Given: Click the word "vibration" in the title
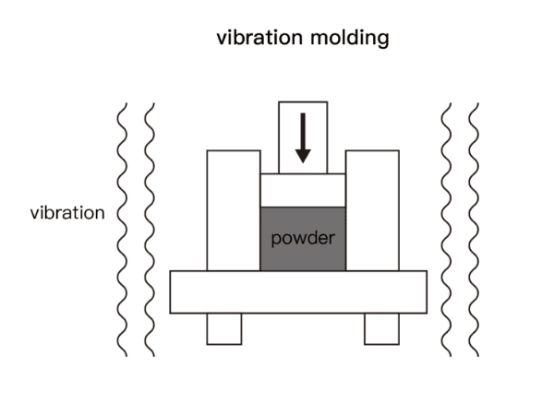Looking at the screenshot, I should pos(254,38).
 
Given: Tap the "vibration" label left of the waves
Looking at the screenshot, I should pos(67,213).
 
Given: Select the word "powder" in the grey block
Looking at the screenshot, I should pos(303,238).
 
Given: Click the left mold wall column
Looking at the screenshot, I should pos(234,209).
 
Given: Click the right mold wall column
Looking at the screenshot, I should pos(372,209).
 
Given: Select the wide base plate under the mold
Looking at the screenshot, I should pos(298,291).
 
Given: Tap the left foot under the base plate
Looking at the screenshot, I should pos(224,328).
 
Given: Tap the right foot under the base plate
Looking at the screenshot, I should pos(381,328).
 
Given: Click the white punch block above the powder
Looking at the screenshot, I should pos(303,190).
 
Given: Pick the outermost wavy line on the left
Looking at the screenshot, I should pos(121,231).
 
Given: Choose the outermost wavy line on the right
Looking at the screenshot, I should pos(474,231).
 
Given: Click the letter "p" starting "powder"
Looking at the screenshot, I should pos(275,240).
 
